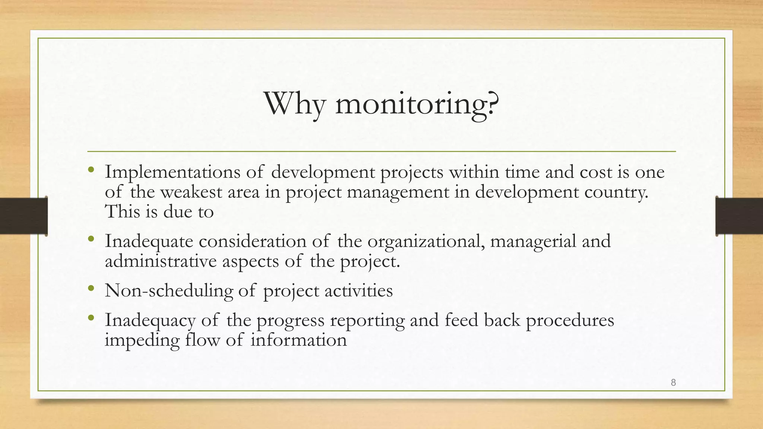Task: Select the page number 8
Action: [673, 382]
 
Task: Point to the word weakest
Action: [191, 192]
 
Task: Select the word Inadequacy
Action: [150, 320]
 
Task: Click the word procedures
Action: [570, 320]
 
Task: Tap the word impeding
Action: [142, 340]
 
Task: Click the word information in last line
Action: [298, 340]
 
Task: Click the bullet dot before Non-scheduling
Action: [91, 288]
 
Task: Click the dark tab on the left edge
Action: [23, 216]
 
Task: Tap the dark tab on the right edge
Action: [739, 216]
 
